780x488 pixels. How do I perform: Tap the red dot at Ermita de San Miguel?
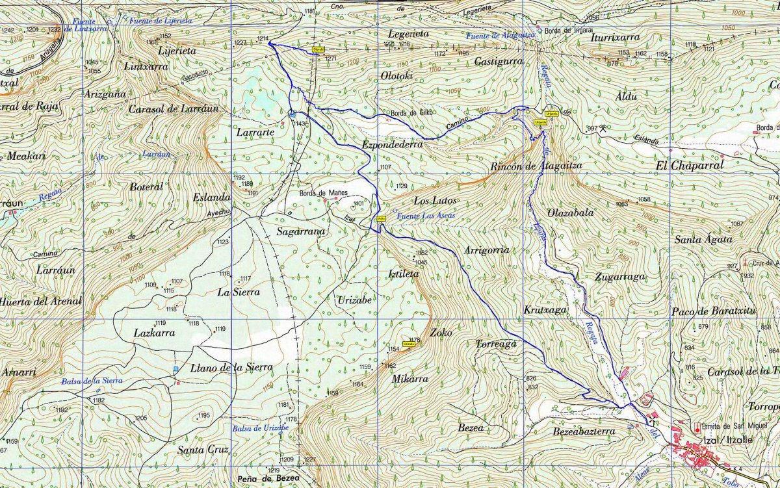pos(698,430)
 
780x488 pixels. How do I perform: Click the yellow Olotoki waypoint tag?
pos(318,49)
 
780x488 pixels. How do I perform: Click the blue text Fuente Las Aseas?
pos(425,215)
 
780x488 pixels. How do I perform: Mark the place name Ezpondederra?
pos(393,144)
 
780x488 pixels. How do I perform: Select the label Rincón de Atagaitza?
pos(536,166)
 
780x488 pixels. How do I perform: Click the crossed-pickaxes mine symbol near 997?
pos(604,128)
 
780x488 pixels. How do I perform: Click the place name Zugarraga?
pos(619,277)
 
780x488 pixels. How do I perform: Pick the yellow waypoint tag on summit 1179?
pos(409,344)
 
